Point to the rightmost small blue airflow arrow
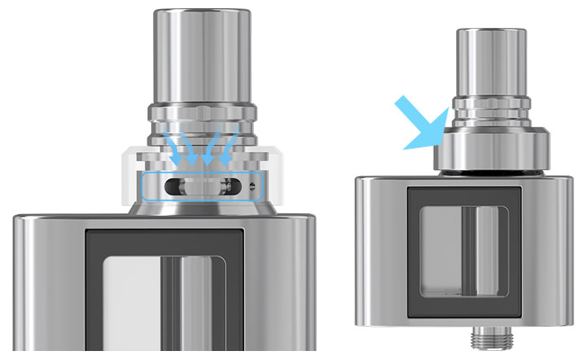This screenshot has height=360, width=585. pyautogui.click(x=229, y=144)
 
